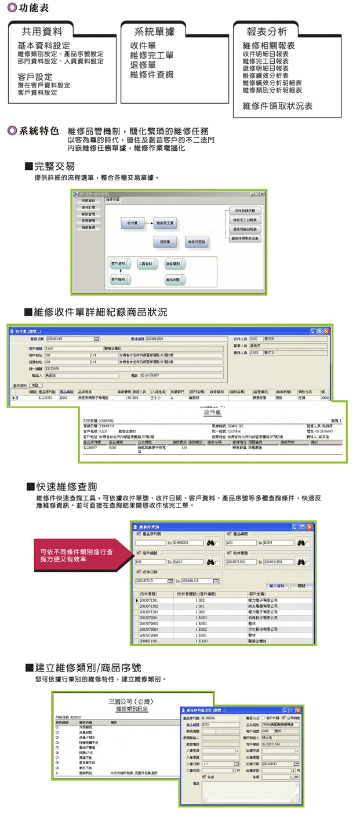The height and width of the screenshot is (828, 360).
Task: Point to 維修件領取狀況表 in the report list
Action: pyautogui.click(x=278, y=106)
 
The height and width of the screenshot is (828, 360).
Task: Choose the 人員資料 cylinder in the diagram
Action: pyautogui.click(x=147, y=264)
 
